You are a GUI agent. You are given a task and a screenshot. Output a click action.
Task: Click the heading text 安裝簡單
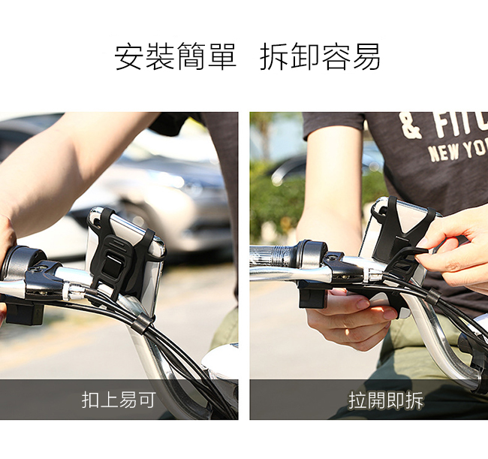pos(176,56)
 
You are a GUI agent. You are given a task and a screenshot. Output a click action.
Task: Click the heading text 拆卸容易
pos(320,56)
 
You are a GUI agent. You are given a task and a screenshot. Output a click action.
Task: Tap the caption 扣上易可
pos(119,400)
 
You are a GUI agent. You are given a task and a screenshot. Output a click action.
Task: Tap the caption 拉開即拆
pos(386,400)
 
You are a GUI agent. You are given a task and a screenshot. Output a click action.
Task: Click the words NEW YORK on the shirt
pos(458,151)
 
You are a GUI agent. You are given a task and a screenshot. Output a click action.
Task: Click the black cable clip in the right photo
pos(433,296)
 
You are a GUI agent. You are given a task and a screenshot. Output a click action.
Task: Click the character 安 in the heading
pos(129,56)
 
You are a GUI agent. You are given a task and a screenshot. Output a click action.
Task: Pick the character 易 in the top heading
pos(366,56)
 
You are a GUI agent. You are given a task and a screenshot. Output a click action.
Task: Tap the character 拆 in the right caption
pos(414,400)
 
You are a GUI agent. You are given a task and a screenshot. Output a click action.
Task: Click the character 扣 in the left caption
pos(91,400)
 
